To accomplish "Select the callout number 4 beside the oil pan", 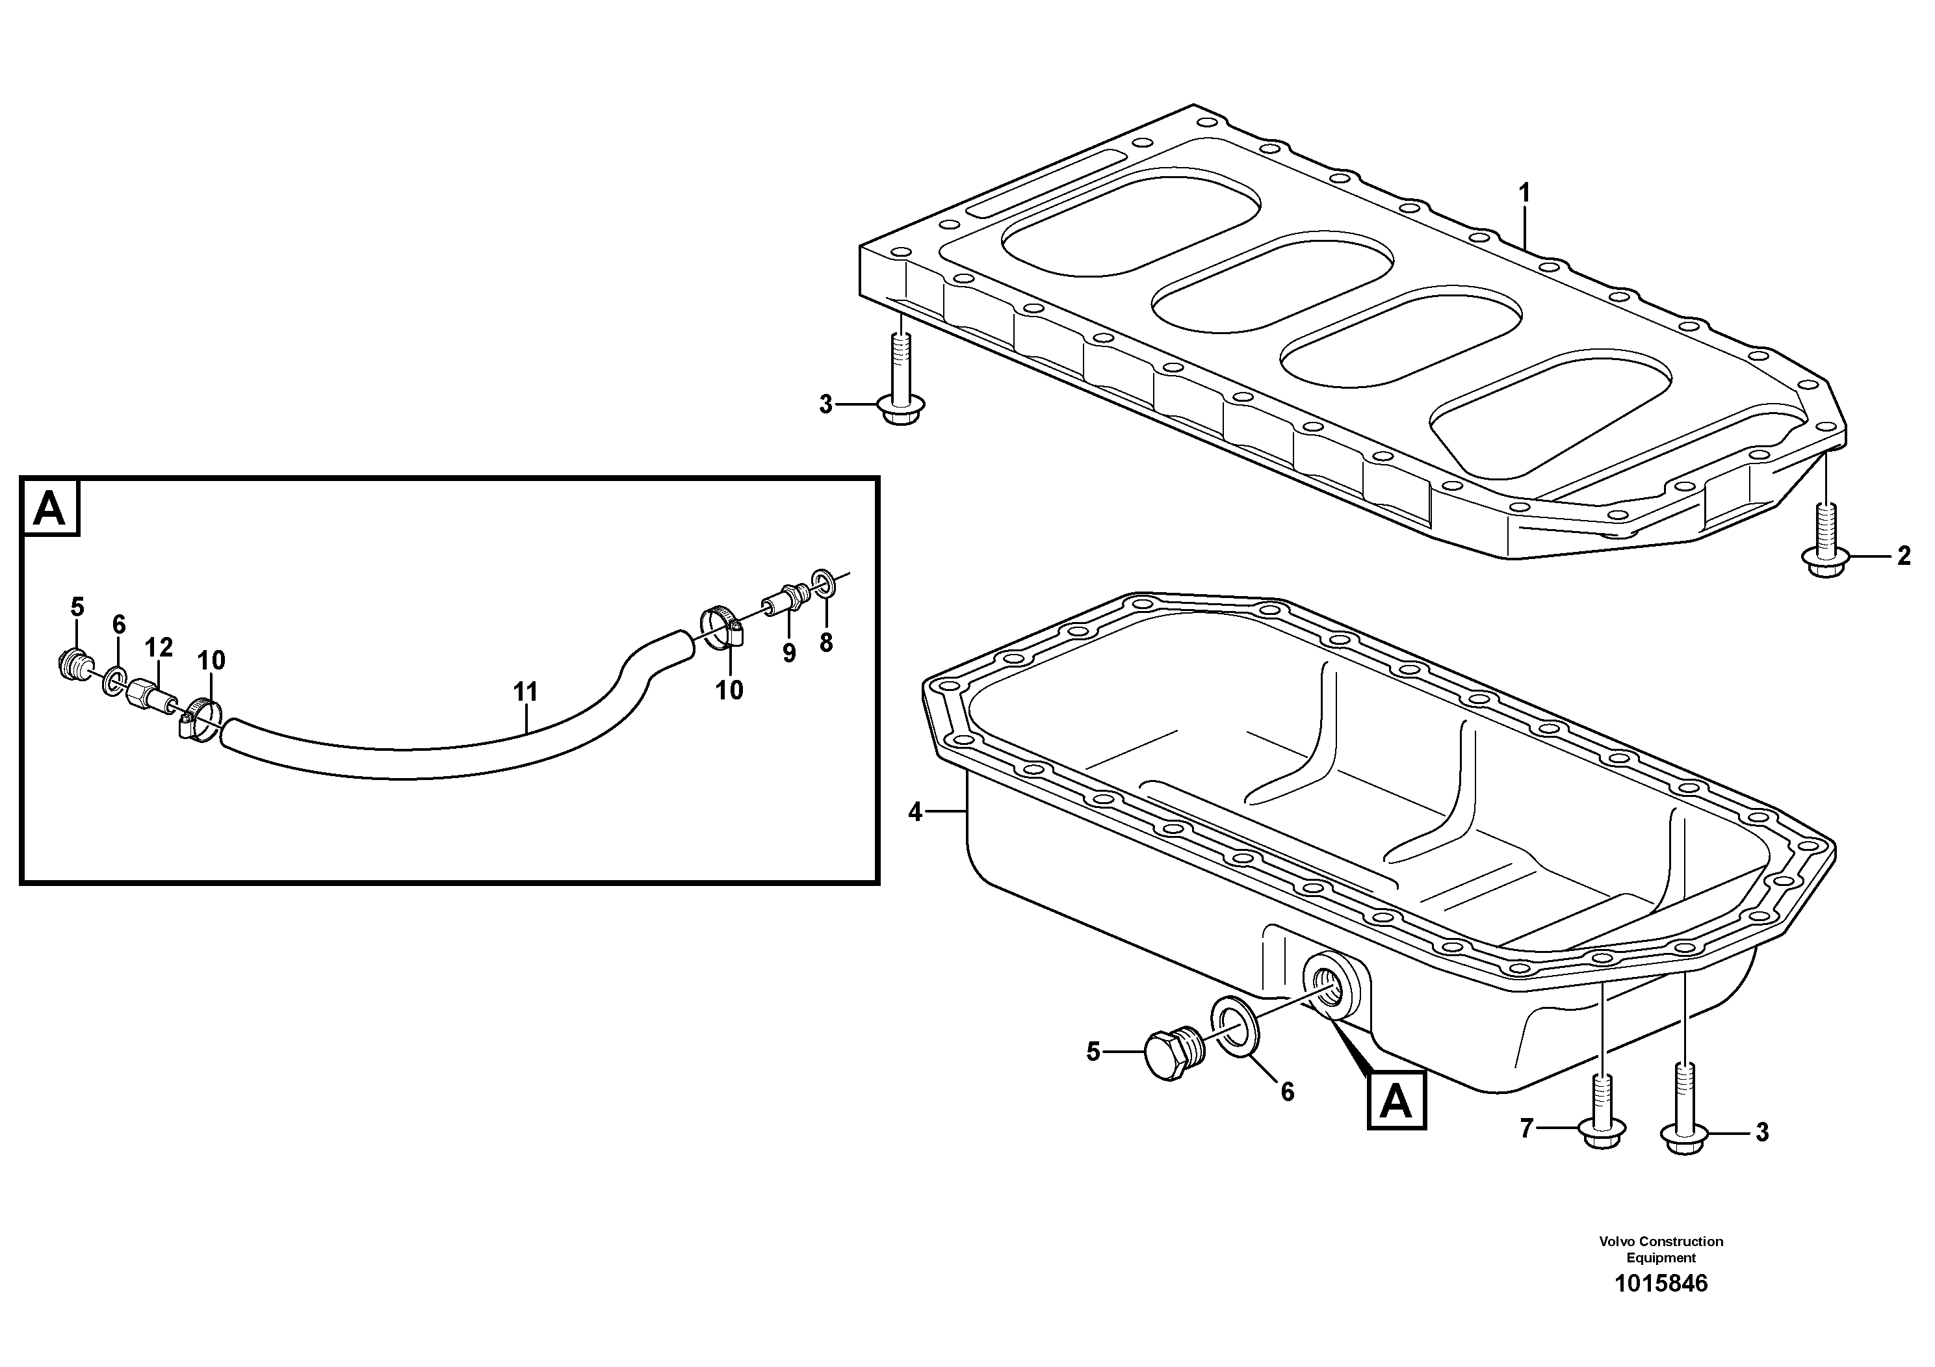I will click(x=916, y=813).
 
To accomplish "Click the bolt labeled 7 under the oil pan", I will click(x=1603, y=1117).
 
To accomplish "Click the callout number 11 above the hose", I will click(x=525, y=693).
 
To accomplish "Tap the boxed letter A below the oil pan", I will click(x=1396, y=1100).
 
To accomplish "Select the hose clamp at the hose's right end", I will click(x=722, y=628).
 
